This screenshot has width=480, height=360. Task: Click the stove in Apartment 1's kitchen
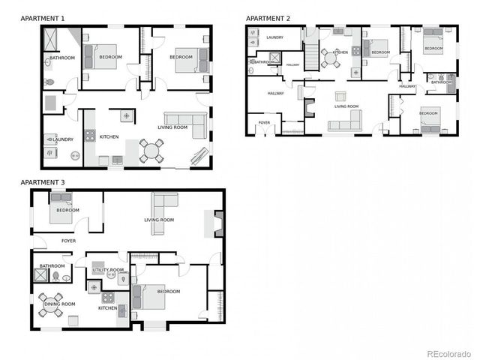(90, 136)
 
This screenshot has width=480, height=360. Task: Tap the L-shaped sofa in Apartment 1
(187, 124)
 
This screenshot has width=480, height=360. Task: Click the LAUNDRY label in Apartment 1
(63, 139)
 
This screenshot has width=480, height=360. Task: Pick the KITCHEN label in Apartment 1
(109, 136)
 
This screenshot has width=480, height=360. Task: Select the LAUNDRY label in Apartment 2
(274, 36)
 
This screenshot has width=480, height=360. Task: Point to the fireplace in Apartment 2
(309, 109)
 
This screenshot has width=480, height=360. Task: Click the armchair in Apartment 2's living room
(340, 96)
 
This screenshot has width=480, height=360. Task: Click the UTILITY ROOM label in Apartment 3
(108, 270)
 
